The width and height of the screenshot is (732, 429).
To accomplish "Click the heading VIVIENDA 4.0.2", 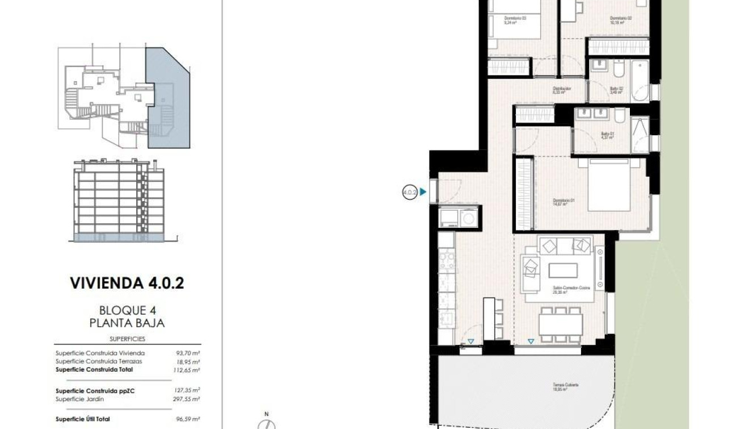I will coord(127,283).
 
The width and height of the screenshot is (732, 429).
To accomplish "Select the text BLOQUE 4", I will coord(127,310).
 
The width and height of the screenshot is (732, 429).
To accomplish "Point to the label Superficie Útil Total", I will coord(83,419).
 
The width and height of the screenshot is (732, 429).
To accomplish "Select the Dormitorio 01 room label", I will coord(564,202).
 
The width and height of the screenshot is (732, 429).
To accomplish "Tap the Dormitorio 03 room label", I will coord(515,20).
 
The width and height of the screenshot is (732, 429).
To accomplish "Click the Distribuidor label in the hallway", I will coord(561,90).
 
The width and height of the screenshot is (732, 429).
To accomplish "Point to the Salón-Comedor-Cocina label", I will coord(571,290).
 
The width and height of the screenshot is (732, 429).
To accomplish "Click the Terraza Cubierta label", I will coord(566,386).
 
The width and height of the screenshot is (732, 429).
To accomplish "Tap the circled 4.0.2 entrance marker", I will coord(410,193).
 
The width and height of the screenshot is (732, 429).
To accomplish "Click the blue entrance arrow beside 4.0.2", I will coord(423,193).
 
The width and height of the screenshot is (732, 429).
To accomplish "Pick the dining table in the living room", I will coord(560,325).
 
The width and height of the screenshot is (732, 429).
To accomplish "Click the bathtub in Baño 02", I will coord(641,80).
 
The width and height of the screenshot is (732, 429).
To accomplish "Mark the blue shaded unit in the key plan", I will coord(168,97).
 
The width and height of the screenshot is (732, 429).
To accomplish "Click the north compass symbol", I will coord(267,423).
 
